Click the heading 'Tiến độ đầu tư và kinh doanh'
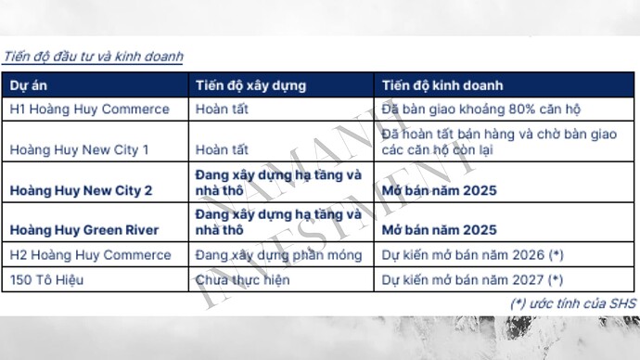[94, 57]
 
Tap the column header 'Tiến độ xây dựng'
[250, 85]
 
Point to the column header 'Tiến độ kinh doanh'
[442, 85]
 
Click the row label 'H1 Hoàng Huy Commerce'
[89, 109]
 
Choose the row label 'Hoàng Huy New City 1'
[79, 148]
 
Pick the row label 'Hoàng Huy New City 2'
[81, 190]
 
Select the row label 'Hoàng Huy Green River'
[83, 229]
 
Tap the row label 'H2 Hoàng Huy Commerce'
[89, 253]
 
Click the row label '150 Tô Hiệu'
[45, 278]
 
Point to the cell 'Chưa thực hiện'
[242, 278]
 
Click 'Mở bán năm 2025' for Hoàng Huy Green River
[440, 229]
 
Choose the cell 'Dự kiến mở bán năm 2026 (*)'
[472, 253]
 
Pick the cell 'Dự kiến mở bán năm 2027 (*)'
[472, 278]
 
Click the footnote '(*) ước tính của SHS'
[572, 303]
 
